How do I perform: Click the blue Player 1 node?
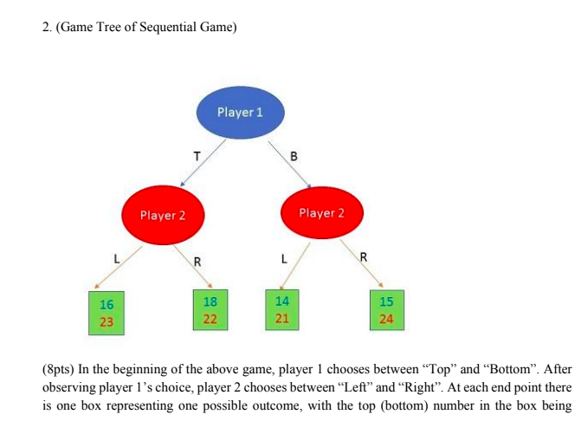pyautogui.click(x=241, y=113)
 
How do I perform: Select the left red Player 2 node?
pyautogui.click(x=163, y=215)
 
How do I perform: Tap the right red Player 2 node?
pyautogui.click(x=321, y=213)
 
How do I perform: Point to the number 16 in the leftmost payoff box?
pyautogui.click(x=107, y=305)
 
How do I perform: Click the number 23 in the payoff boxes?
pyautogui.click(x=107, y=321)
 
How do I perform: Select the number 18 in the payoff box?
pyautogui.click(x=210, y=302)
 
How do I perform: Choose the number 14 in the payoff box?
pyautogui.click(x=282, y=301)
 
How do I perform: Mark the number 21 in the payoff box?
pyautogui.click(x=282, y=318)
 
